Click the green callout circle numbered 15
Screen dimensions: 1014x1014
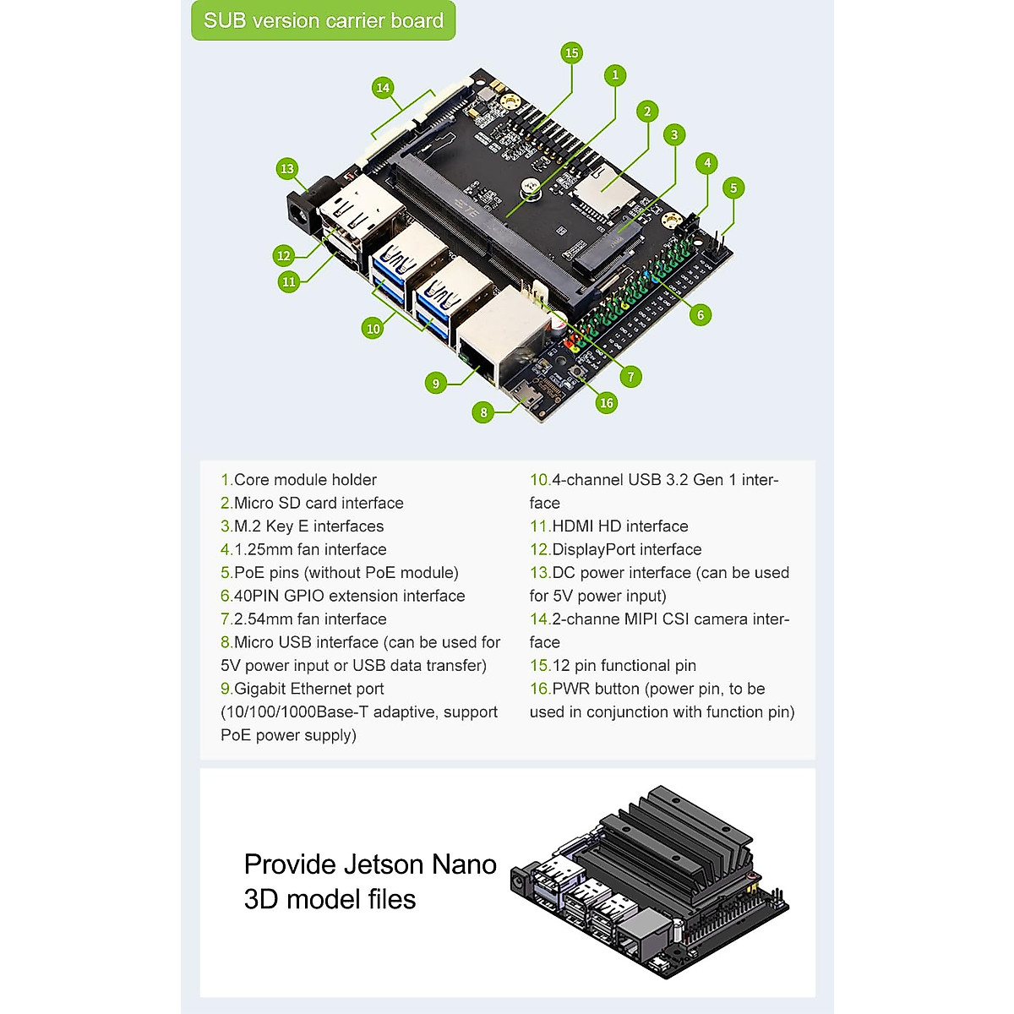click(571, 52)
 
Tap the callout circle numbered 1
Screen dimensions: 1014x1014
click(615, 75)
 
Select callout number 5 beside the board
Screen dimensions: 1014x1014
click(733, 188)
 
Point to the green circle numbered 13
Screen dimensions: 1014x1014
click(286, 168)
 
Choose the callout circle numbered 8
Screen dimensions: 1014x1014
click(483, 412)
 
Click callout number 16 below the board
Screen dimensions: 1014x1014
click(606, 403)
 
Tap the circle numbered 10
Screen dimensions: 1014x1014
click(373, 329)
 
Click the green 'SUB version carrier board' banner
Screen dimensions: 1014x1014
click(323, 20)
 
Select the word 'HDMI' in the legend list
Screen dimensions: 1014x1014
click(573, 526)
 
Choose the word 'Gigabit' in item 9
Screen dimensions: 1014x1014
click(259, 689)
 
